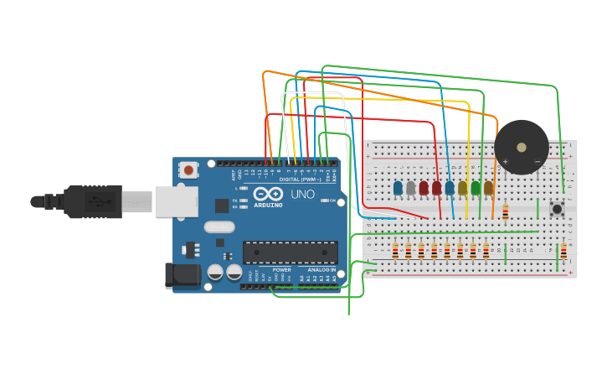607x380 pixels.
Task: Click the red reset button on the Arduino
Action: coord(188,170)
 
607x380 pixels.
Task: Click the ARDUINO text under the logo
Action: coord(268,205)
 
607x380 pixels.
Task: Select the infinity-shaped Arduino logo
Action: coord(268,194)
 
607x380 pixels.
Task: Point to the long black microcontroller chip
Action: coord(290,252)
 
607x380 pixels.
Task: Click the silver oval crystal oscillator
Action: coord(219,226)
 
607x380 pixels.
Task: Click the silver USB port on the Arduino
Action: coord(176,201)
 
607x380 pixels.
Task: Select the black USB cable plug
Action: coord(92,201)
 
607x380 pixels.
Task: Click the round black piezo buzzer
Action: coord(522,147)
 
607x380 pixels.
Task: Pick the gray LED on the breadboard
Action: coord(410,189)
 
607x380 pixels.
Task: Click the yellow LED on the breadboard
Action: coord(462,189)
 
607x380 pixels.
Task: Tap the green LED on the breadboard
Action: coord(476,189)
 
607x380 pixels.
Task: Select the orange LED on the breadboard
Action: coord(488,189)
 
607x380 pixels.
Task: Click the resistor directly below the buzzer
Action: coord(505,213)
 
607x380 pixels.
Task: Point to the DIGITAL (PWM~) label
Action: coord(301,180)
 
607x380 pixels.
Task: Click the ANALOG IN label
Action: coord(322,269)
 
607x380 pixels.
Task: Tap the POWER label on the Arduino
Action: coord(281,269)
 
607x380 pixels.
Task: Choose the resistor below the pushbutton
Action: coord(563,251)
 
